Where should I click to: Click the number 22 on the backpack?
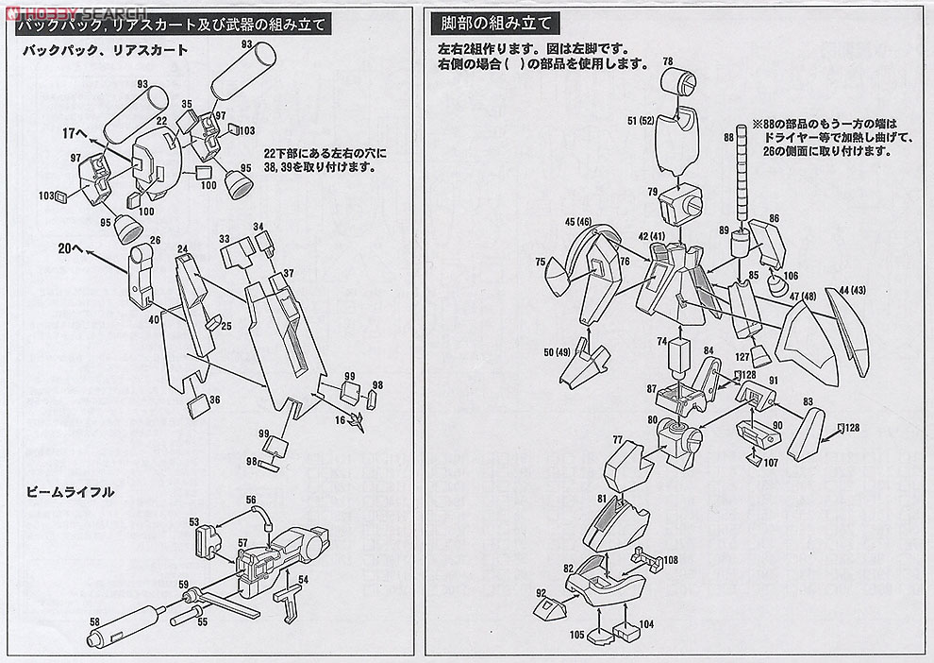(161, 121)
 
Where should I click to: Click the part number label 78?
(668, 61)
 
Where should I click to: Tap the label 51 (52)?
(639, 120)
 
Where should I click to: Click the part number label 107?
(770, 463)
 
